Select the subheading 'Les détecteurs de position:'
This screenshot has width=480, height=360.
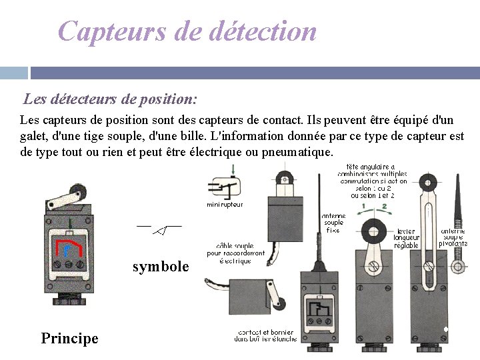click(110, 100)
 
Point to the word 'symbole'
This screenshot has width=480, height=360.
click(161, 267)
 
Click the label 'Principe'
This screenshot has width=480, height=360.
click(69, 338)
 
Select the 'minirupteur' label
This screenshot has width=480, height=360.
click(225, 205)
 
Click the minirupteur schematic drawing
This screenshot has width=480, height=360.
click(225, 187)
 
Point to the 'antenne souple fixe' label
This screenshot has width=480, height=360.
click(333, 223)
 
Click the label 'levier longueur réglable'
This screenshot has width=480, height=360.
click(406, 238)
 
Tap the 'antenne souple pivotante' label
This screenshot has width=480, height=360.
click(453, 237)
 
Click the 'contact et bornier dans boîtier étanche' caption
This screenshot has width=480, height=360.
click(265, 335)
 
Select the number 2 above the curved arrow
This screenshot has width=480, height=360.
click(384, 207)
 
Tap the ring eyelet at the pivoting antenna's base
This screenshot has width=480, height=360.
click(457, 267)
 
